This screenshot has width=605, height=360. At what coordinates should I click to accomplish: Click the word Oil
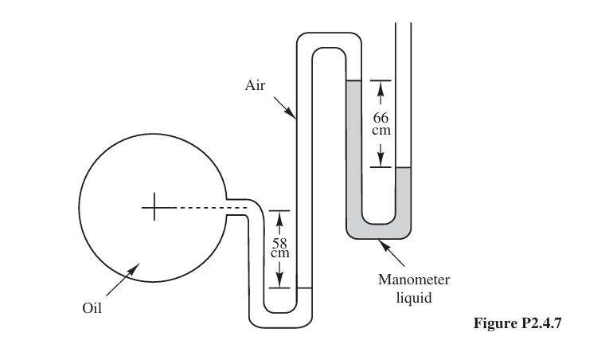[x=92, y=308]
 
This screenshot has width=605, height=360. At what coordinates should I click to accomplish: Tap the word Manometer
[x=414, y=280]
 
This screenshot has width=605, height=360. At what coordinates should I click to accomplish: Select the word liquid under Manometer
[x=414, y=298]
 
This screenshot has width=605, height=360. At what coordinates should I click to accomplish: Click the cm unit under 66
[x=381, y=130]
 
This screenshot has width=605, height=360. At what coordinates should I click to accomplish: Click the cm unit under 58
[x=279, y=253]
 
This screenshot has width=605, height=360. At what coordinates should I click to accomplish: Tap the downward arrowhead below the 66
[x=381, y=160]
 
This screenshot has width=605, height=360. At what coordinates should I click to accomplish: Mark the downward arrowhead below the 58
[x=279, y=280]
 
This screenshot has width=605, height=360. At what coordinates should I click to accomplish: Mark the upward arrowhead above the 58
[x=279, y=217]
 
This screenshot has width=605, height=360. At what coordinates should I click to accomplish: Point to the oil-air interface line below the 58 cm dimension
[x=303, y=287]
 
